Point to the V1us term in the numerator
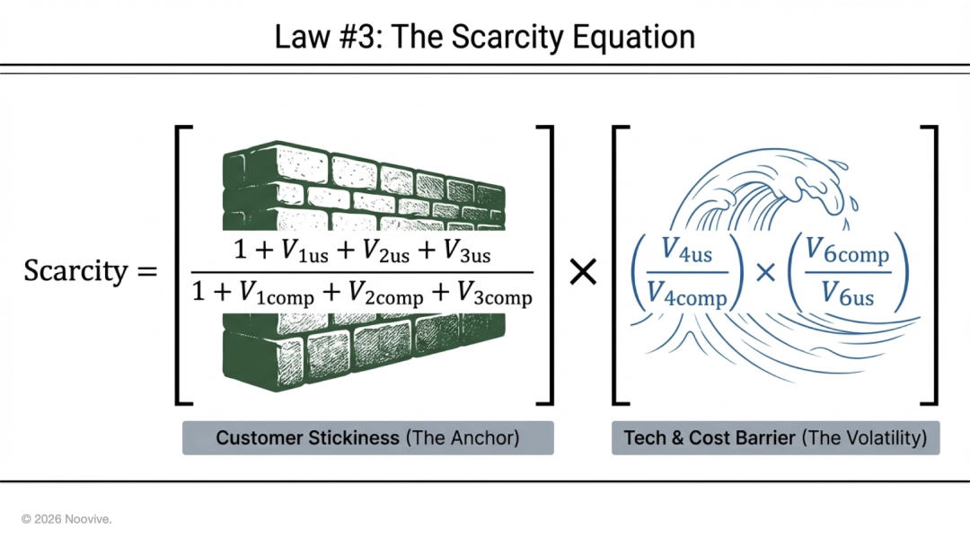(x=303, y=252)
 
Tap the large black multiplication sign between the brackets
(x=584, y=271)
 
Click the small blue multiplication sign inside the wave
(x=766, y=271)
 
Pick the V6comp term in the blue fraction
(x=847, y=253)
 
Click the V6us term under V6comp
(x=847, y=293)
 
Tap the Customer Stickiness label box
(x=367, y=438)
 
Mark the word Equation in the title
(x=639, y=37)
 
